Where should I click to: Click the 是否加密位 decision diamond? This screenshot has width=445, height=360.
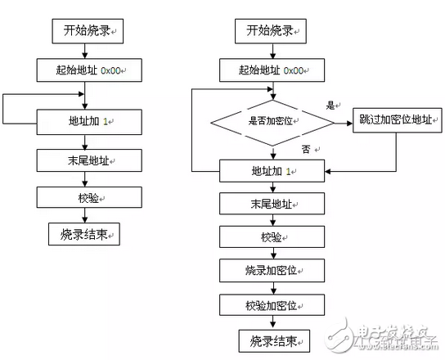(273, 122)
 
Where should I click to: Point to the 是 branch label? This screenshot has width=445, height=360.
(332, 106)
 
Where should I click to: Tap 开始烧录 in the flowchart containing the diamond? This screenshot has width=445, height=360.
(272, 33)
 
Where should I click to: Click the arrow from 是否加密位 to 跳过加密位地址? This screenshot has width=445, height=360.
(344, 122)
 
